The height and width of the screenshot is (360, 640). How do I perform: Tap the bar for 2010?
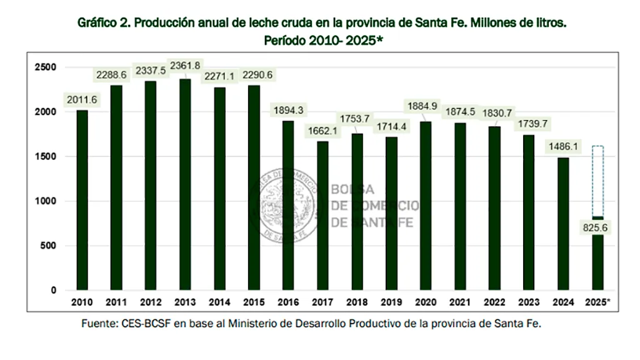[82, 200]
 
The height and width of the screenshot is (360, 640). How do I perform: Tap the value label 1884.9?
[425, 104]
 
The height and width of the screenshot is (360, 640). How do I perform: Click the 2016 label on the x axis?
[288, 302]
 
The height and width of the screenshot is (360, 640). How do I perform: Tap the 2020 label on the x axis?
[426, 302]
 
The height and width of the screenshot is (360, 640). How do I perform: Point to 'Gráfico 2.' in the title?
[102, 23]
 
